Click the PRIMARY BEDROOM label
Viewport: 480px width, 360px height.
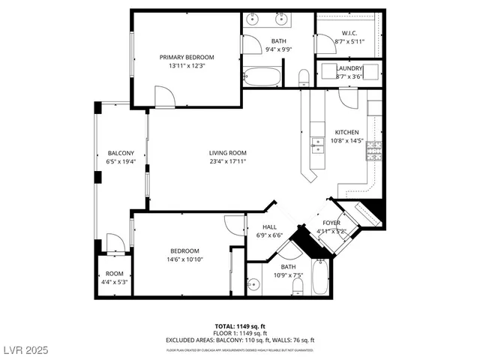point(187,57)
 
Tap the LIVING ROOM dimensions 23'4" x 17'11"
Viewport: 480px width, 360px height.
point(227,161)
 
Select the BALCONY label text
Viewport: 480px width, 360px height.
point(120,153)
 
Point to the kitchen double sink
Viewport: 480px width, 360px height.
point(318,144)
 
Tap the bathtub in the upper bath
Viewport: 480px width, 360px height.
point(262,76)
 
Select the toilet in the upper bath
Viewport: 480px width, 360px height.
point(304,78)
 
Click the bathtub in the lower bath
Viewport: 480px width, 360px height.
point(321,277)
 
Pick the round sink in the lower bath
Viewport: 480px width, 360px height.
point(253,284)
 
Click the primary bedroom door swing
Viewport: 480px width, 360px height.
point(164,96)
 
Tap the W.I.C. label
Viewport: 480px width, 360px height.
point(349,33)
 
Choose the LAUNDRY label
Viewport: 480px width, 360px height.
point(349,67)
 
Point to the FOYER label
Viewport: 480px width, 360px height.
point(331,223)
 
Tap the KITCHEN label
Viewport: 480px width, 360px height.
point(347,131)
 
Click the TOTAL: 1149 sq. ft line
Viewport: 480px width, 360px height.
point(240,325)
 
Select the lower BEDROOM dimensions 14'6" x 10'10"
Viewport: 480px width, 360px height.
point(184,259)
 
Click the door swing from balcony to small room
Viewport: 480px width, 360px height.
point(115,243)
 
